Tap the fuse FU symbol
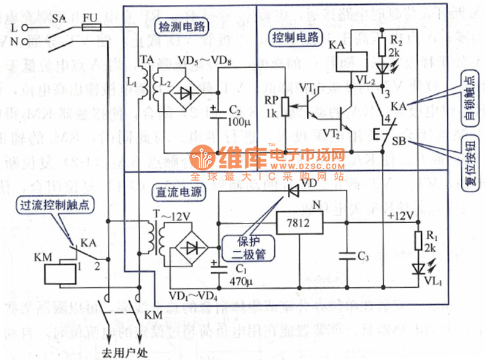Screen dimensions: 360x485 (91, 28)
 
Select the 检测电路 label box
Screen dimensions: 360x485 (181, 26)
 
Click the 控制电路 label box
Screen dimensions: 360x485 (295, 37)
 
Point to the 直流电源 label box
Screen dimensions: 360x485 (181, 191)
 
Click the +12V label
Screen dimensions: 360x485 (401, 215)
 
